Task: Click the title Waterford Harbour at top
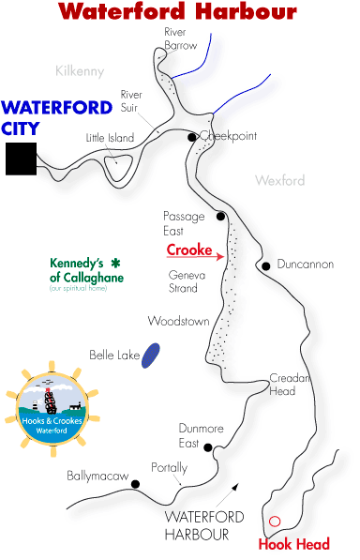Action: tap(177, 12)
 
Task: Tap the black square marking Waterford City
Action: tap(20, 159)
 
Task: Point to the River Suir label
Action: tap(130, 99)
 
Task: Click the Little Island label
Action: tap(110, 138)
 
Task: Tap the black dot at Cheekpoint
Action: tap(192, 137)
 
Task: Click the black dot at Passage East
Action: tap(221, 216)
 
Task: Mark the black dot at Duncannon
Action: tap(266, 265)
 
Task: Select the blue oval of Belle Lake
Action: tap(149, 355)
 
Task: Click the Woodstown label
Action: tap(178, 321)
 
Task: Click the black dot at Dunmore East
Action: tap(208, 447)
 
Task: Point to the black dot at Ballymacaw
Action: tap(136, 484)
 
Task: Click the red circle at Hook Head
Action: tap(275, 522)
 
